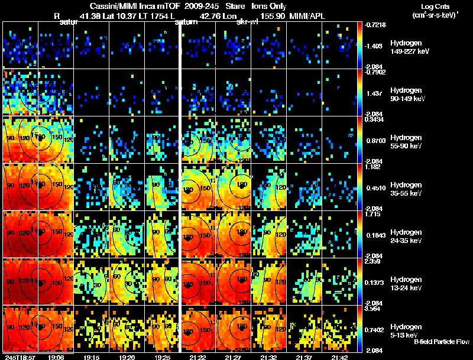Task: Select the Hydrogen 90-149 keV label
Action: click(x=408, y=94)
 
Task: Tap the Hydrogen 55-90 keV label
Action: click(x=408, y=141)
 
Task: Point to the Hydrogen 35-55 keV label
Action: click(x=408, y=189)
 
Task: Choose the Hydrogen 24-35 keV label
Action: click(x=408, y=236)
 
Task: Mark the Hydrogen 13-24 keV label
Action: click(x=408, y=283)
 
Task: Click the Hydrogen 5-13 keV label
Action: click(x=408, y=330)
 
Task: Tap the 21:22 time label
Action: click(x=197, y=357)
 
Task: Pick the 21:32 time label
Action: click(x=270, y=357)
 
